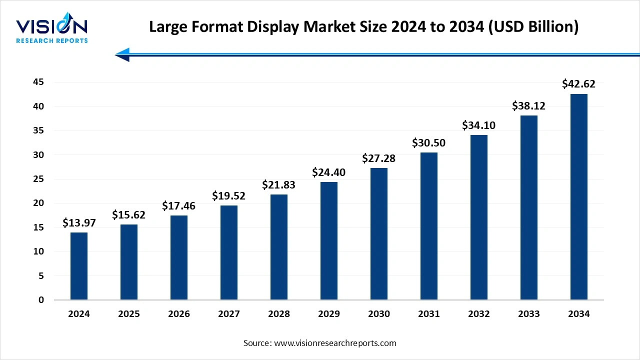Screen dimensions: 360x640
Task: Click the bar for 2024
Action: coord(79,266)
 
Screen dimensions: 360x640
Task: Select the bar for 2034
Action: coord(579,197)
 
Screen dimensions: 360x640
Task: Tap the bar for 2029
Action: coord(329,241)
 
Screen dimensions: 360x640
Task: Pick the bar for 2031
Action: coord(429,226)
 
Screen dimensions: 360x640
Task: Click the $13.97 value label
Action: coord(79,223)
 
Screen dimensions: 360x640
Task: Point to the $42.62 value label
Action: coord(579,84)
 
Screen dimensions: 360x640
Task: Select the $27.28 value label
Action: coord(379,158)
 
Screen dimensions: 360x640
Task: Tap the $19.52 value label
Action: coord(229,195)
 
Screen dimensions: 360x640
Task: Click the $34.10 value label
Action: coord(479,125)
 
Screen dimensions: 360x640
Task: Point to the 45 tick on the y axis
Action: coord(38,82)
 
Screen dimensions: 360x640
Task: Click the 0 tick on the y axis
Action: coord(41,300)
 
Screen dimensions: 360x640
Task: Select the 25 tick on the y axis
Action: coord(38,179)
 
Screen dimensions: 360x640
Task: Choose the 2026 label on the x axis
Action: coord(179,314)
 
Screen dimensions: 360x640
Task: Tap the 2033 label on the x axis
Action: coord(529,314)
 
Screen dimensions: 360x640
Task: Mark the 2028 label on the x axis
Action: coord(279,314)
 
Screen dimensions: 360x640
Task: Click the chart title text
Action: coord(364,27)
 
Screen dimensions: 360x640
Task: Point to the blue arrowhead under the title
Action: coord(122,54)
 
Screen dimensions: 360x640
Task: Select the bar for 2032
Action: coord(479,217)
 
